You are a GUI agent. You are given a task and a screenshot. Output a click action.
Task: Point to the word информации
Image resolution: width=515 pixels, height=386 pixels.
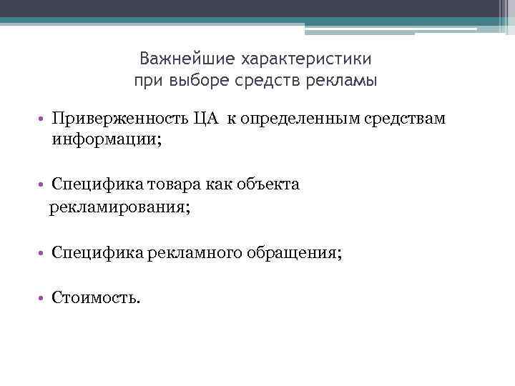pos(104,140)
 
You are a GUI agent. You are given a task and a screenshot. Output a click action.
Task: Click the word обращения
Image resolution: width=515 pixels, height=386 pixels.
pos(293,253)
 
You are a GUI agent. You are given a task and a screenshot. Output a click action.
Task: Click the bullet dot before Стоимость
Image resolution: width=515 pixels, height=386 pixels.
pos(44,297)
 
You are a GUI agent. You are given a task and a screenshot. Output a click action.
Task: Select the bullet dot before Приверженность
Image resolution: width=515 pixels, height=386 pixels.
pos(44,118)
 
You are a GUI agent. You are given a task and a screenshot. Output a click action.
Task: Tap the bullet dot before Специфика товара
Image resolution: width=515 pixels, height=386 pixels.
pos(44,185)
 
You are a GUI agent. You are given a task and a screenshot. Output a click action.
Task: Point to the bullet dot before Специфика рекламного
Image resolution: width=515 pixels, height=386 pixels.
pos(44,253)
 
